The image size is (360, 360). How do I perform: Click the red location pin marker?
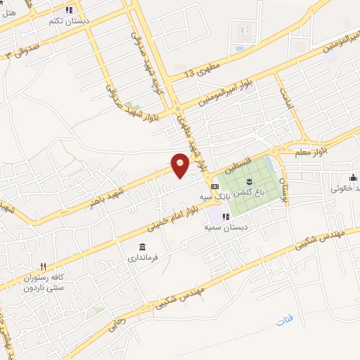[181, 164]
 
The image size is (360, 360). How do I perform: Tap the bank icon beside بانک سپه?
[214, 186]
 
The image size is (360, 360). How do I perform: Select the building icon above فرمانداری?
[143, 247]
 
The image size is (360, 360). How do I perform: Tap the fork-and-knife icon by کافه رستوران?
[43, 266]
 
